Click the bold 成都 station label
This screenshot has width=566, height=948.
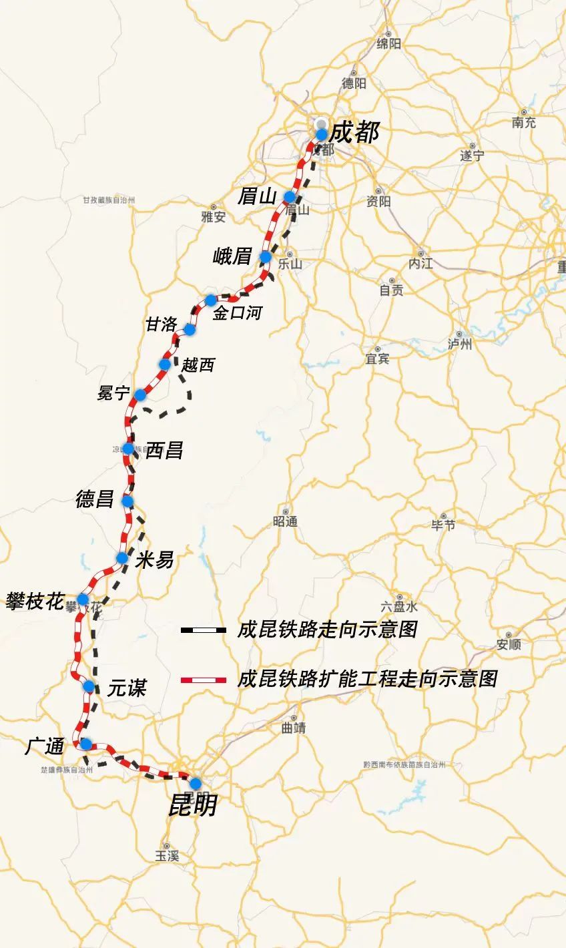click(354, 132)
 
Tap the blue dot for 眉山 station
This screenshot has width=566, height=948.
click(290, 197)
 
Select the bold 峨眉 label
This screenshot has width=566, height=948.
click(232, 256)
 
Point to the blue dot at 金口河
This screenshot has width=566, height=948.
click(211, 300)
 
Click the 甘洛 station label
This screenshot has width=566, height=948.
click(162, 324)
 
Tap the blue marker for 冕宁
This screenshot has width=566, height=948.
click(140, 395)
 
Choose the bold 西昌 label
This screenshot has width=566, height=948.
click(164, 450)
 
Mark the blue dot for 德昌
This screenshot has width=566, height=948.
click(127, 501)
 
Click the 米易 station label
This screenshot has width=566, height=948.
click(154, 559)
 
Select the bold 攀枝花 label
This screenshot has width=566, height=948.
click(35, 601)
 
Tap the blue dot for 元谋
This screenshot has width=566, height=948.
click(88, 686)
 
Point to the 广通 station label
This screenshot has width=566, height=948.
click(45, 746)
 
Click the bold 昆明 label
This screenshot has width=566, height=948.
click(192, 806)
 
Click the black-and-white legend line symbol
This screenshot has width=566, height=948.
click(203, 630)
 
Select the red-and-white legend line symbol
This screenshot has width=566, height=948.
click(203, 680)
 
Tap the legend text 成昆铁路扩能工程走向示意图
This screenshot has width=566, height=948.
click(367, 679)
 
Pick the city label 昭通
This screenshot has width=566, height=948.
click(286, 521)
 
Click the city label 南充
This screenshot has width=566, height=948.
click(524, 122)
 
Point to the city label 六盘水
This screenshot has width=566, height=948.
click(399, 607)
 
